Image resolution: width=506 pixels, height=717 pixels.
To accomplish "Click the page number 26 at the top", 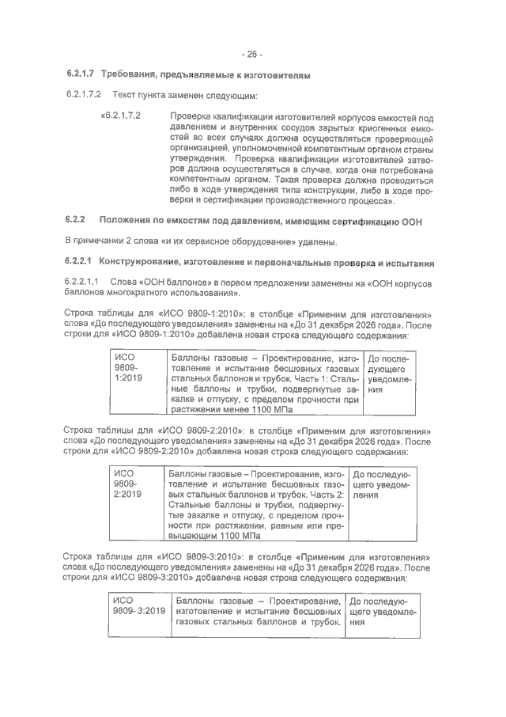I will coord(252,54).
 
